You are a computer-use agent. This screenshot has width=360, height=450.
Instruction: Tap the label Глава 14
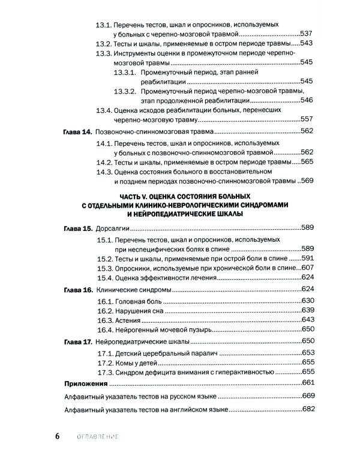tap(77, 130)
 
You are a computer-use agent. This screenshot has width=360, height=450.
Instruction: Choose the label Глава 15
tap(77, 228)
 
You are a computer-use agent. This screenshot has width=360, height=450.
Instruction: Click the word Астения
tap(131, 320)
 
